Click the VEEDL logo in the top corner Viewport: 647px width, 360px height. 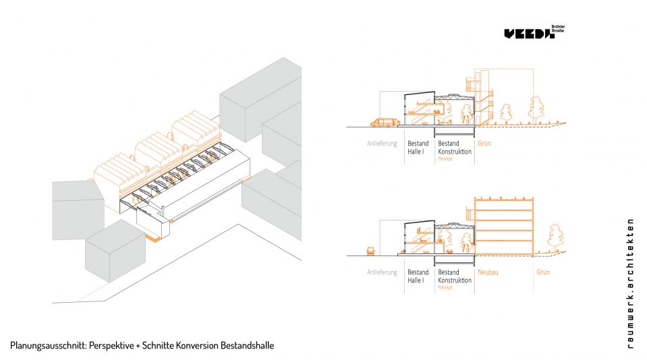(x=529, y=34)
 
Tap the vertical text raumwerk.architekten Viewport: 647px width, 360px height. (x=630, y=283)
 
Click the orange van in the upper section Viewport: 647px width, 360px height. (x=383, y=122)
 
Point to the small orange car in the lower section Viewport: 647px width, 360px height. (x=370, y=250)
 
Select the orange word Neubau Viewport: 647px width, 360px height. (x=488, y=272)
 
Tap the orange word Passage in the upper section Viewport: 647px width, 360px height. (x=445, y=158)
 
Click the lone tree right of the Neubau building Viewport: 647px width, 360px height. (x=556, y=236)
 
